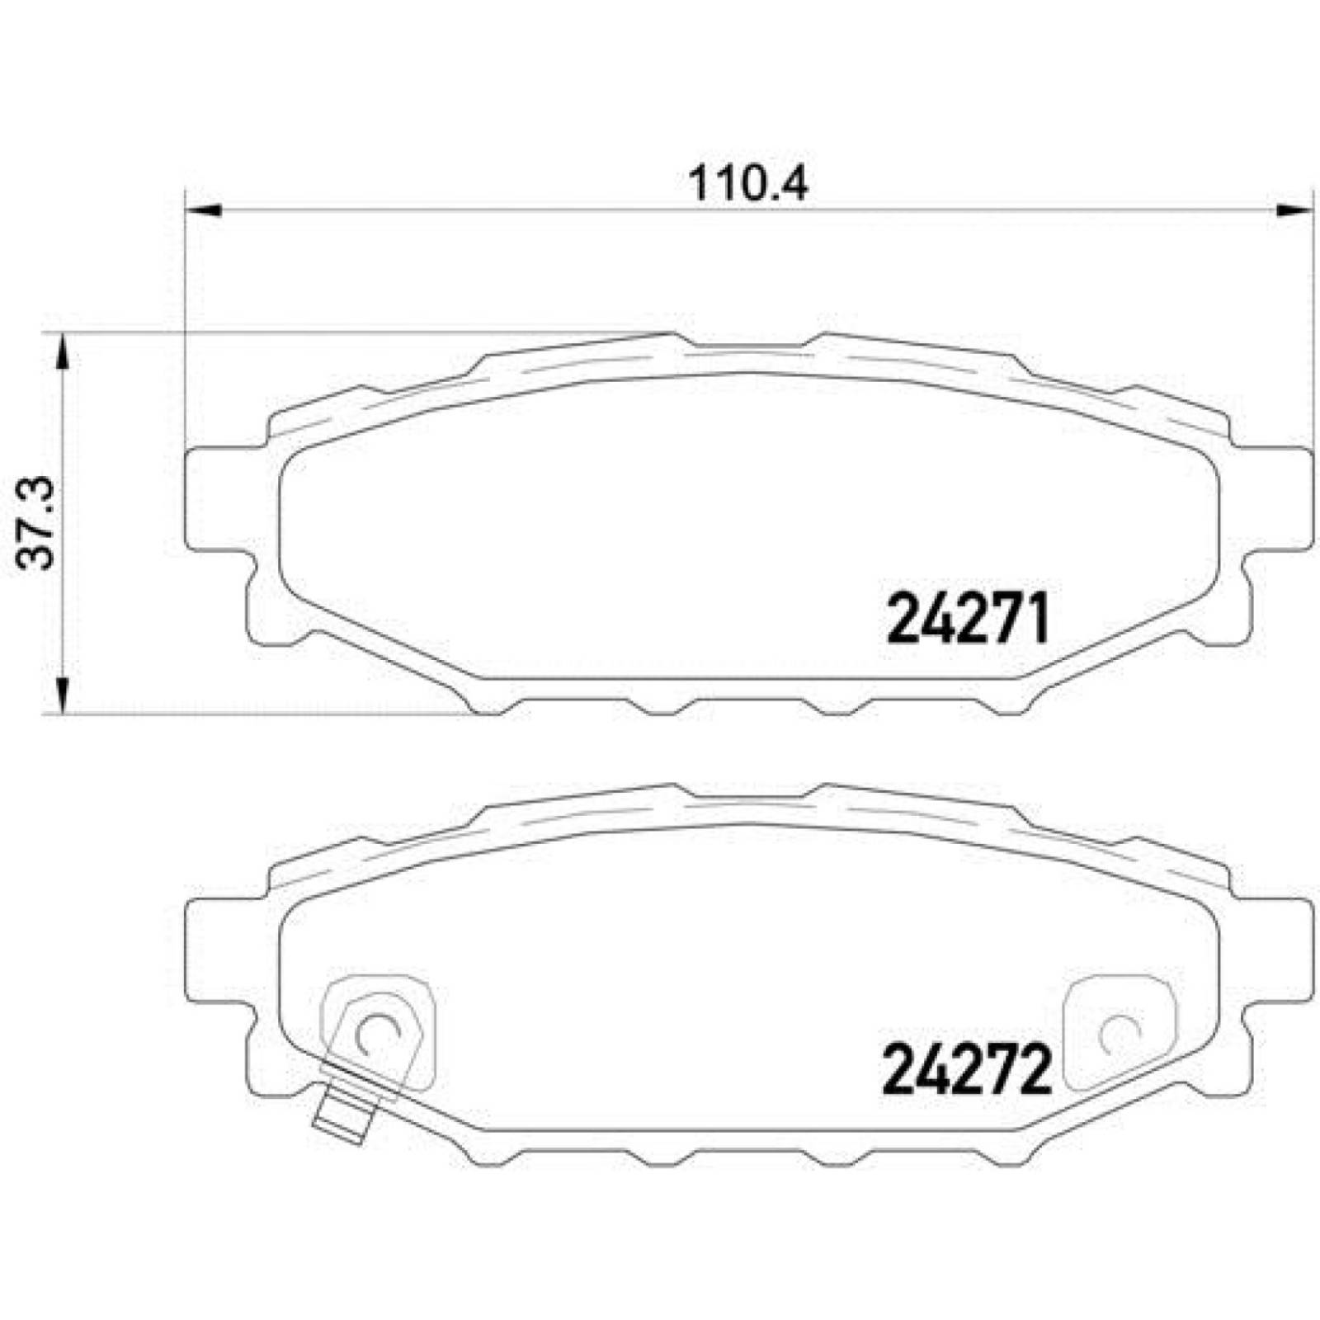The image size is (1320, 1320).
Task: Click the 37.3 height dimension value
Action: [37, 523]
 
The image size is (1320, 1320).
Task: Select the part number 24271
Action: [967, 619]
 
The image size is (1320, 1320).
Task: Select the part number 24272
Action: [967, 1070]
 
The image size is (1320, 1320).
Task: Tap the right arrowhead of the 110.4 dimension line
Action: [1293, 211]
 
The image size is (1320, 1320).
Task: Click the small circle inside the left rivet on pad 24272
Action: [377, 1033]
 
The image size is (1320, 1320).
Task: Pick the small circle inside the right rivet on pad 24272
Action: [1120, 1033]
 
